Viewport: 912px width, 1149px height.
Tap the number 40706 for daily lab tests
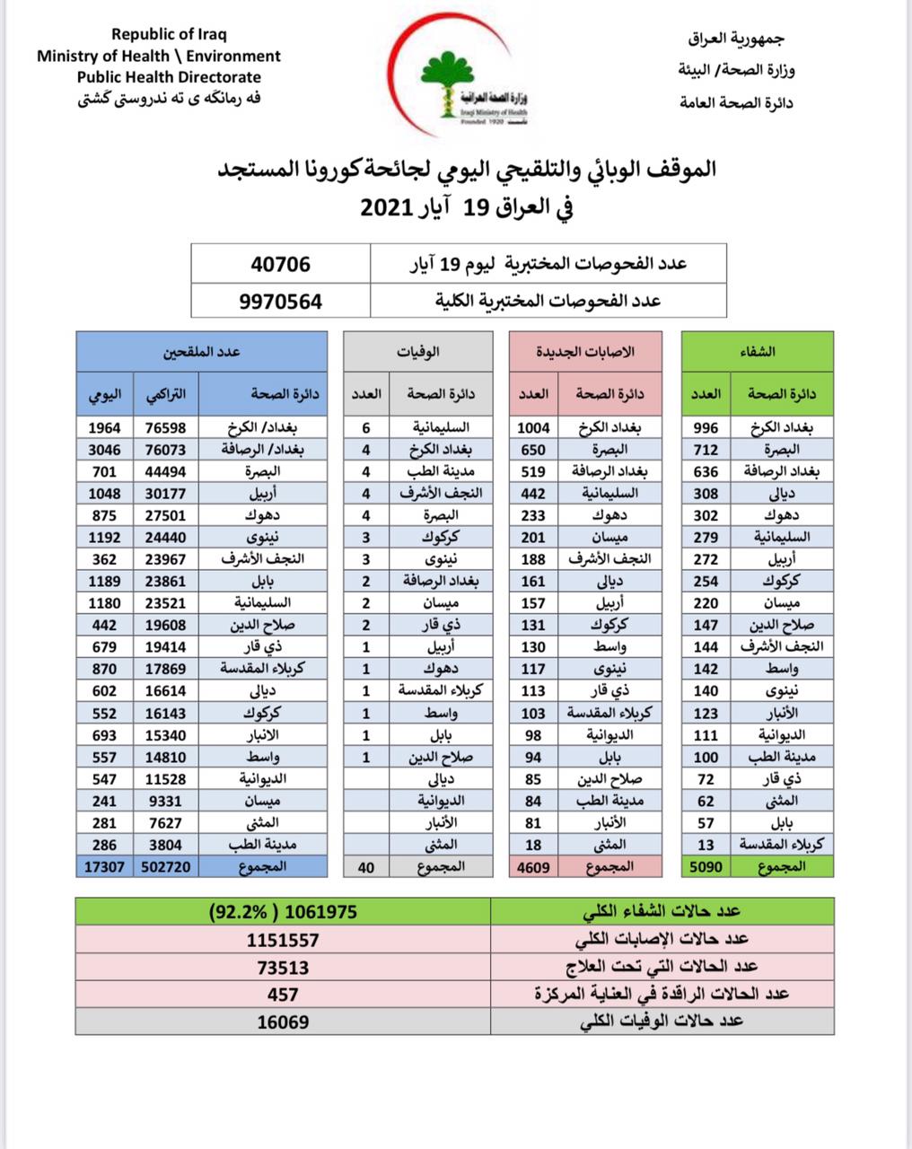[x=281, y=264]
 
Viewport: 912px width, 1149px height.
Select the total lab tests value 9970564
[x=281, y=301]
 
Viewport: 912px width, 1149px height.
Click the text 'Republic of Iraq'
[x=169, y=34]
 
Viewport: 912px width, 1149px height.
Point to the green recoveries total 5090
[x=706, y=866]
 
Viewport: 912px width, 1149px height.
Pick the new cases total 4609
[x=534, y=866]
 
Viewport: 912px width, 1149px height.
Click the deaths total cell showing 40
[x=366, y=866]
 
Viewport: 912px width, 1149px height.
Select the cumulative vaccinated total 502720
[x=166, y=866]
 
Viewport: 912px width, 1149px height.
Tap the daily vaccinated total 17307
[x=105, y=866]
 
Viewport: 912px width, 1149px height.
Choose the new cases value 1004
[x=534, y=428]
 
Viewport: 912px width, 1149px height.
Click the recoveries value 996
[x=706, y=428]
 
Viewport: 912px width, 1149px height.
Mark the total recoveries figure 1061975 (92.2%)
[x=283, y=911]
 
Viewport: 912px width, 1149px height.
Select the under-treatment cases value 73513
[x=283, y=967]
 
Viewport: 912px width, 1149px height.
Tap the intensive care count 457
[x=283, y=994]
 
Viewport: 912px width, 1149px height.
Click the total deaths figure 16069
[x=283, y=1022]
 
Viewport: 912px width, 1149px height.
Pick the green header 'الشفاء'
[x=759, y=352]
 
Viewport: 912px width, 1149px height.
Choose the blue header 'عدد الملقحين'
[x=203, y=352]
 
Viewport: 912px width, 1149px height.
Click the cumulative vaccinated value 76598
[x=166, y=428]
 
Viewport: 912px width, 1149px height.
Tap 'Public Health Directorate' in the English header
[x=169, y=77]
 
